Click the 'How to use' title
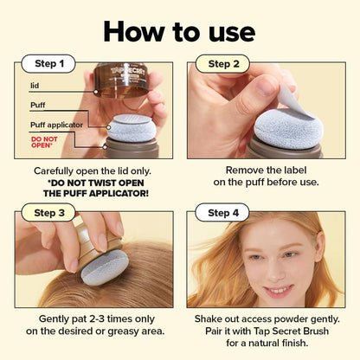179,31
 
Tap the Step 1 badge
49,63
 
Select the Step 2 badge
224,63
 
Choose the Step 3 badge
49,213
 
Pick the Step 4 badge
224,213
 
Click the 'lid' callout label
35,86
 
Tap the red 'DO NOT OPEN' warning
44,140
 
